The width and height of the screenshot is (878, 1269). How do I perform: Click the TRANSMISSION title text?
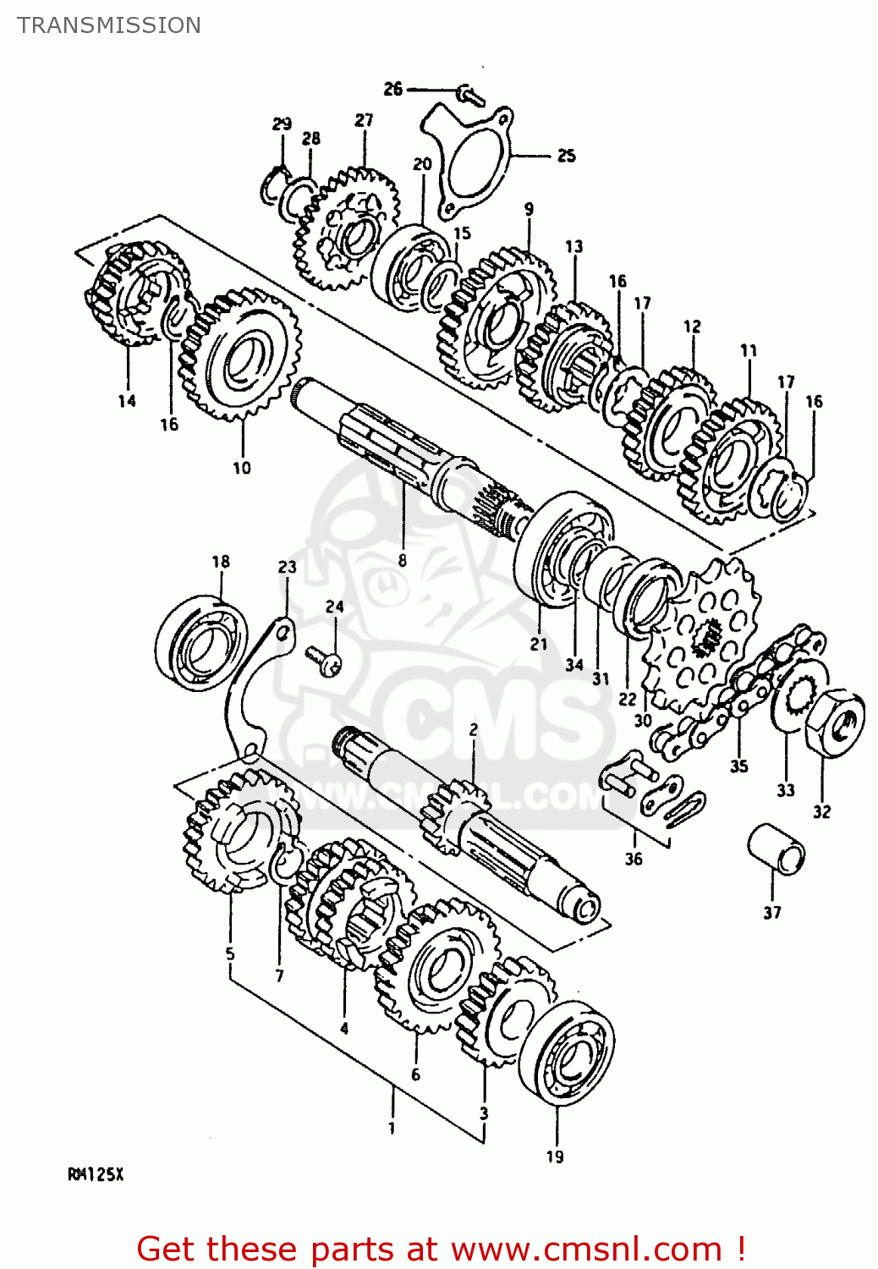tap(109, 25)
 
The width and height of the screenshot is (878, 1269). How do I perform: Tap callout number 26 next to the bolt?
tap(393, 89)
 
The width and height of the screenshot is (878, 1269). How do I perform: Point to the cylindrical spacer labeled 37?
tap(776, 849)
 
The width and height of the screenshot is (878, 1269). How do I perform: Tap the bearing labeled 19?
tap(566, 1053)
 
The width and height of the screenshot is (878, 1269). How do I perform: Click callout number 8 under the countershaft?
tap(403, 559)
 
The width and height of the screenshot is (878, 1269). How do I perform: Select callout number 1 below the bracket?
tap(392, 1128)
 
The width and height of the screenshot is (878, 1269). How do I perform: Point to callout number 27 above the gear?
tap(364, 120)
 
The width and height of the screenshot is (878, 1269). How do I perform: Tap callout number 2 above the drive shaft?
tap(474, 729)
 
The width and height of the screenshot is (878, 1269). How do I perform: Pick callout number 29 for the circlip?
tap(282, 124)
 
